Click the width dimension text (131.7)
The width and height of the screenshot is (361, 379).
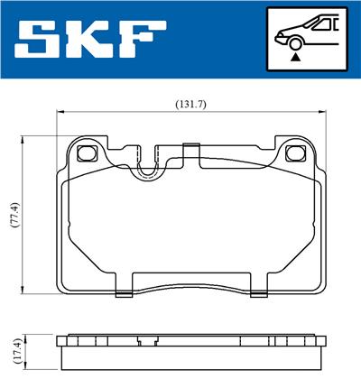click(x=190, y=105)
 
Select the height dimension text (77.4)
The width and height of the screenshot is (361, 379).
click(x=13, y=215)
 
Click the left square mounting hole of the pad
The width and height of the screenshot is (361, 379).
click(x=88, y=153)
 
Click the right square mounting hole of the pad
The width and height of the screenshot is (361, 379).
click(x=293, y=153)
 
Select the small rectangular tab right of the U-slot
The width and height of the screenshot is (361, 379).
click(x=190, y=149)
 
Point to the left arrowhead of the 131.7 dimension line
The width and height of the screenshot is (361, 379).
click(x=60, y=113)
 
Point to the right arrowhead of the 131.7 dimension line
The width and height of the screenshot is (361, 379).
click(x=320, y=113)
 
